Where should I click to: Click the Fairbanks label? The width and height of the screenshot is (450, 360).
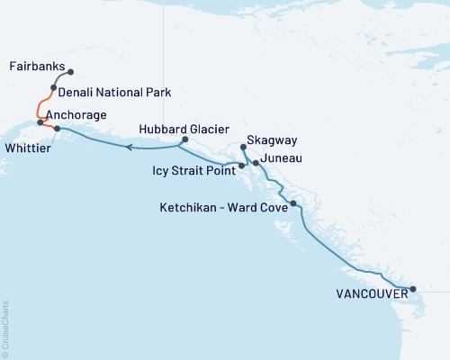pos(35,67)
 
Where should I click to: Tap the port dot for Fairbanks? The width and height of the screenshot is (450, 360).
pos(71,72)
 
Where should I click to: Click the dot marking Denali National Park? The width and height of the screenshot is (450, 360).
pos(54,88)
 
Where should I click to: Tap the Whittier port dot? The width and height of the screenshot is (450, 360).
pos(57,129)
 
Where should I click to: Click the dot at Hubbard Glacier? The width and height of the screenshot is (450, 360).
pos(184,139)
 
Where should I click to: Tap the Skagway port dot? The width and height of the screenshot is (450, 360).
pos(244,147)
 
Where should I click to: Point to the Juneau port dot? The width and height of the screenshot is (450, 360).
pos(256,163)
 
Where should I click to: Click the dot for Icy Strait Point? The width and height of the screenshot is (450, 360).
pos(240,166)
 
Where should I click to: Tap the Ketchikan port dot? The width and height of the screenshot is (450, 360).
pos(293,204)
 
